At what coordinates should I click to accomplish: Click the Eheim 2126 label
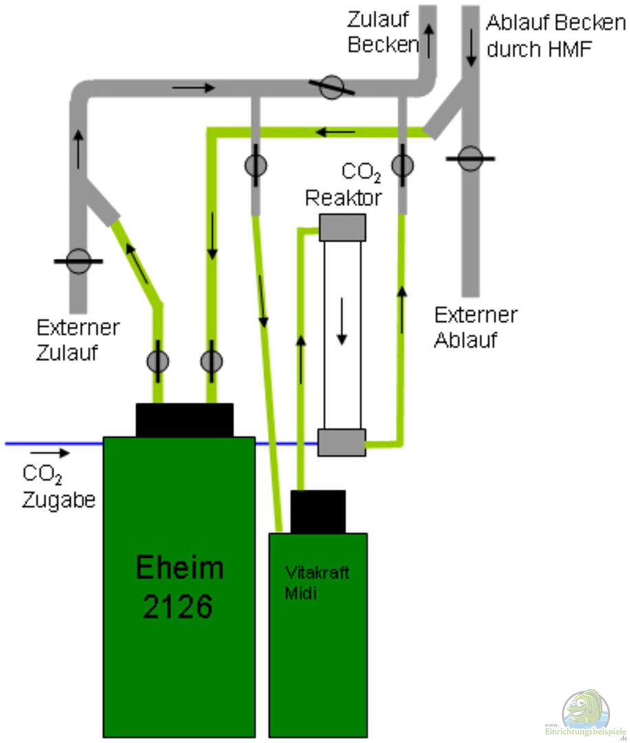pos(179,587)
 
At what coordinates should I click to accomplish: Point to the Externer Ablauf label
pos(475,327)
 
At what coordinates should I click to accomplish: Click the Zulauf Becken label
pos(382,32)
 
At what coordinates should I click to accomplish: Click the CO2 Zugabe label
pos(58,486)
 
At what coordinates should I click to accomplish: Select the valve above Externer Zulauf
pos(78,261)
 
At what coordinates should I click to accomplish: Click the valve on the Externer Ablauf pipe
pos(470,158)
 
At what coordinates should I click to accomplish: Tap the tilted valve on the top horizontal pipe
pos(332,87)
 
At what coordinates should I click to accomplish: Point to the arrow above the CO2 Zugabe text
pos(50,453)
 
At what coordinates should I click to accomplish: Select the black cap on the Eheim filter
pos(184,420)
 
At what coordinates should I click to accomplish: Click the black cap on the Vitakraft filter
pos(318,511)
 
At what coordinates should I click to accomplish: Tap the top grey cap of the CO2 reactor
pos(342,227)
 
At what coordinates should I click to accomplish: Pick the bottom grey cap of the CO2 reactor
pos(342,442)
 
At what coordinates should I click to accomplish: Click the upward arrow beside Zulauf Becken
pos(429,40)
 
